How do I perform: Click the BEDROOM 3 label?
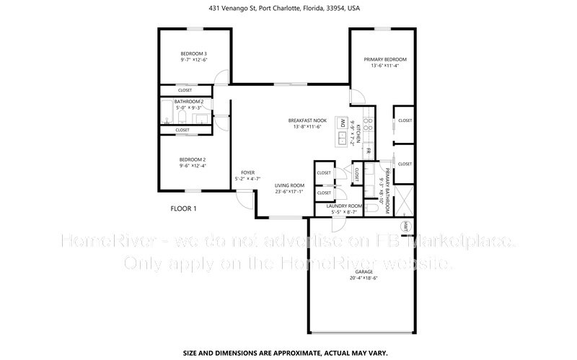[x=193, y=54]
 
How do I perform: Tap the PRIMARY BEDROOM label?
[x=384, y=59]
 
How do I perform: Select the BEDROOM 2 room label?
[x=193, y=159]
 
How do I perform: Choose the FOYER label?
[x=248, y=172]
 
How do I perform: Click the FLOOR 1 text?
[x=183, y=208]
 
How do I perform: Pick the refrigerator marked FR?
[x=366, y=152]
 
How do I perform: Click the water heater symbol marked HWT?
[x=406, y=226]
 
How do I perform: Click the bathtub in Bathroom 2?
[x=166, y=115]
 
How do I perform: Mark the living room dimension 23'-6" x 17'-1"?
[x=288, y=192]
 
